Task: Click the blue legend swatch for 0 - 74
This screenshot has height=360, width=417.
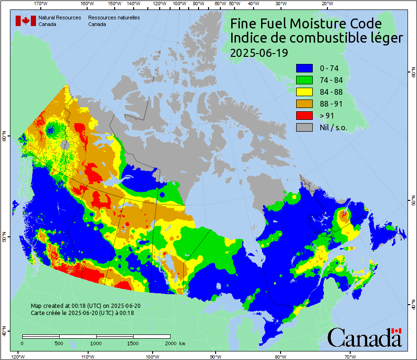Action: pyautogui.click(x=305, y=68)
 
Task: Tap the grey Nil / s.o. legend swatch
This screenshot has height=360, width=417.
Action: pyautogui.click(x=305, y=127)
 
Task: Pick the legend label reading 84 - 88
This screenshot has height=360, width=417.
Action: pyautogui.click(x=331, y=92)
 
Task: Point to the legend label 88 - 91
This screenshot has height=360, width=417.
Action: pyautogui.click(x=331, y=104)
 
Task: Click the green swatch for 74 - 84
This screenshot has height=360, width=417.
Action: pyautogui.click(x=305, y=80)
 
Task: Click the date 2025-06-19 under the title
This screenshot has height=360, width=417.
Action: pyautogui.click(x=259, y=53)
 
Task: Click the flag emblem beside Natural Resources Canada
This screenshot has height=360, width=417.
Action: pyautogui.click(x=25, y=20)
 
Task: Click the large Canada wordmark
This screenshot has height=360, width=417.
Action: pyautogui.click(x=364, y=338)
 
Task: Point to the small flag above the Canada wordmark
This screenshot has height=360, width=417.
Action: pyautogui.click(x=396, y=331)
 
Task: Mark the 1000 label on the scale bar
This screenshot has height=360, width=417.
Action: pyautogui.click(x=96, y=343)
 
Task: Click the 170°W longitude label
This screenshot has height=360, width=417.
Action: pyautogui.click(x=41, y=4)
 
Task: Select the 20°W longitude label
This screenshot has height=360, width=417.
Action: pyautogui.click(x=326, y=4)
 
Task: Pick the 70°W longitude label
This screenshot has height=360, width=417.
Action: pyautogui.click(x=350, y=356)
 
